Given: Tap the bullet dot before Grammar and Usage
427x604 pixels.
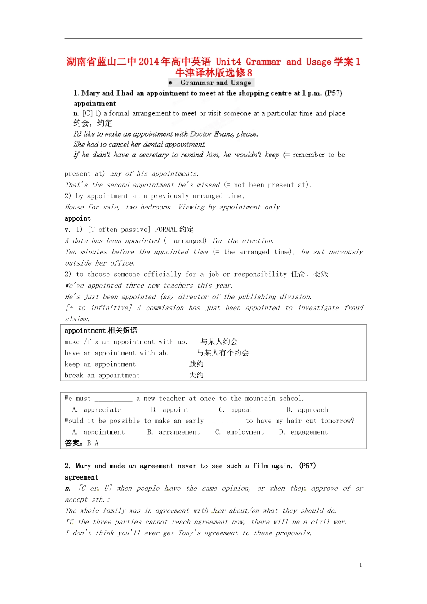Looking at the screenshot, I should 170,83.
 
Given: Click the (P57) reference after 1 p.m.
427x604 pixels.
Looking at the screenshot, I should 333,93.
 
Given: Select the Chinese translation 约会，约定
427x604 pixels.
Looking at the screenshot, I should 93,123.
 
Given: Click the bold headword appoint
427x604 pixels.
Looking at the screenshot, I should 77,218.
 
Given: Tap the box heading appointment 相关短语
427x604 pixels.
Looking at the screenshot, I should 101,331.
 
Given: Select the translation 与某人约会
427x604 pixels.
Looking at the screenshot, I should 219,342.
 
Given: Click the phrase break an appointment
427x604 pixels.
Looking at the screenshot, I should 102,375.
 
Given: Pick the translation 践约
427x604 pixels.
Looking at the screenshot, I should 196,364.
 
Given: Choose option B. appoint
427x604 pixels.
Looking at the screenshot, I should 170,410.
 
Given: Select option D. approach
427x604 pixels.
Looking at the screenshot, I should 307,410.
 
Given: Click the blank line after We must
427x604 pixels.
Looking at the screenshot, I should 113,399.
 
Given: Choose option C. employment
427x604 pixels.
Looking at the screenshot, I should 239,432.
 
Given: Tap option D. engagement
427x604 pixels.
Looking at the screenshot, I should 303,432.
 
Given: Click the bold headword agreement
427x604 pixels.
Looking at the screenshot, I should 81,477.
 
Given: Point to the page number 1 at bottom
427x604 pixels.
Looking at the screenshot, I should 360,565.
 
